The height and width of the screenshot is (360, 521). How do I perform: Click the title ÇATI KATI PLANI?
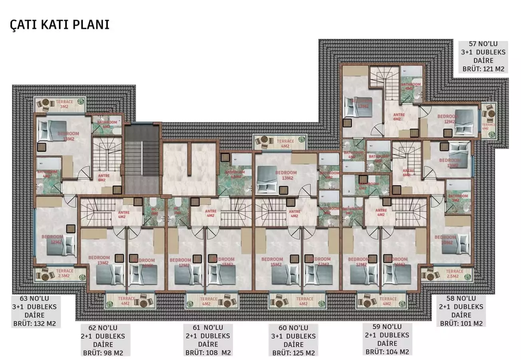59,24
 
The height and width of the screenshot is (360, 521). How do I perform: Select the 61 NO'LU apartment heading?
208,328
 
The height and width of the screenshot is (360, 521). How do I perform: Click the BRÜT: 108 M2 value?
208,353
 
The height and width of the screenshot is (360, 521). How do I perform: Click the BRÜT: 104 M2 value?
387,352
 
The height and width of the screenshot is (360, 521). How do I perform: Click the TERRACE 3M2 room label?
64,104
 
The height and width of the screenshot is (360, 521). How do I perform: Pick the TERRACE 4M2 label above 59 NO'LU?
387,301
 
